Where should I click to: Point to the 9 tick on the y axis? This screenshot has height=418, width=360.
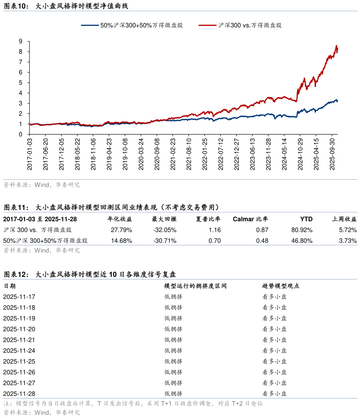[x=21, y=41]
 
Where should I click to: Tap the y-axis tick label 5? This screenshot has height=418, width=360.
[x=21, y=83]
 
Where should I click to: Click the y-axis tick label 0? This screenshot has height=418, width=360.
[x=21, y=134]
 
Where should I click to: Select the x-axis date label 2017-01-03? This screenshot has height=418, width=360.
[x=30, y=154]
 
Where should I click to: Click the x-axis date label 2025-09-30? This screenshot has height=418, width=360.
[x=333, y=154]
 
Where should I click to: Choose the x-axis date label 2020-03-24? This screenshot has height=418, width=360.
[x=141, y=154]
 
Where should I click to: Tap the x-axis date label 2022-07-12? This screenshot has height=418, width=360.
[x=220, y=154]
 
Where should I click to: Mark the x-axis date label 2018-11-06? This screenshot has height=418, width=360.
[x=93, y=154]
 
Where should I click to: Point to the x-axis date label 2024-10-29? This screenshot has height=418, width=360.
[x=300, y=154]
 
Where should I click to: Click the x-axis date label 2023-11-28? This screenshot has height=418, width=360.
[x=268, y=154]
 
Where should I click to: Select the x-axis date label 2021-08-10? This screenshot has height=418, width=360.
[x=189, y=154]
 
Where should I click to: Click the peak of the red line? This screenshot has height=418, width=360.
[x=336, y=45]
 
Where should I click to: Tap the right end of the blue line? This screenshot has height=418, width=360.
[x=338, y=101]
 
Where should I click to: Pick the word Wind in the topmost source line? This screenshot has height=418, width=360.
[x=42, y=185]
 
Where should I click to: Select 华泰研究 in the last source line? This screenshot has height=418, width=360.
[x=68, y=412]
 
